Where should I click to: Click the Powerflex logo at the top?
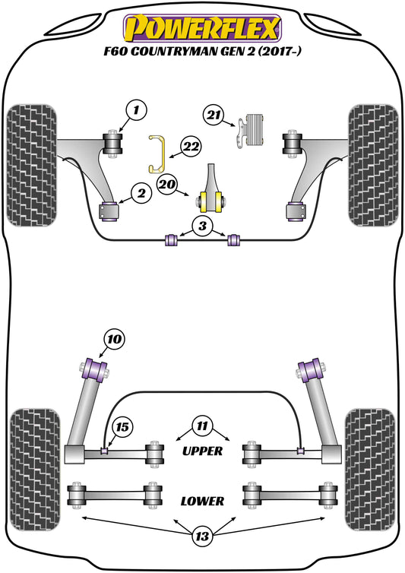coord(202,26)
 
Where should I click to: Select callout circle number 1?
coord(134,112)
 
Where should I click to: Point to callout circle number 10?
coord(113,339)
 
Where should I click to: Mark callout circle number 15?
coord(121,428)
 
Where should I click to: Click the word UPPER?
coord(202,451)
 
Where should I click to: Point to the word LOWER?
coord(202,501)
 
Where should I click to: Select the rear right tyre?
coord(371,464)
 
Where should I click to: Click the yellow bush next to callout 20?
coord(212,201)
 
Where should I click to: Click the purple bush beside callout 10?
coord(96,369)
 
